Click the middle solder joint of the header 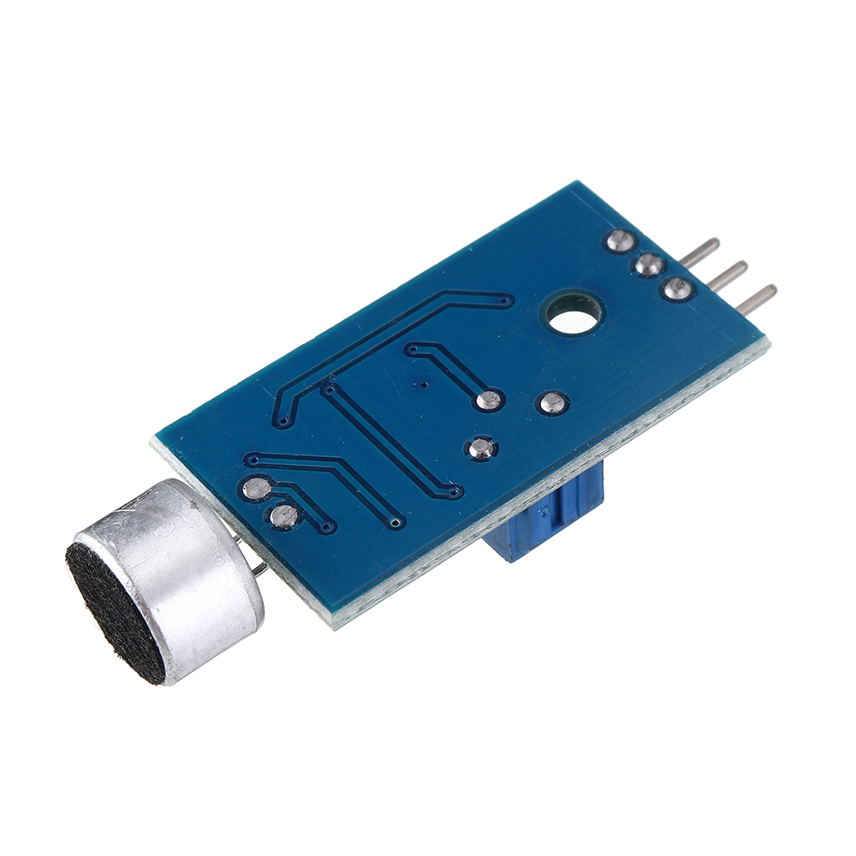tap(647, 265)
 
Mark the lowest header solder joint tap(677, 288)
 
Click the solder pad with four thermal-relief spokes tap(481, 448)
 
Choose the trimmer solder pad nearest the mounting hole tap(552, 401)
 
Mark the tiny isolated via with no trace tap(422, 384)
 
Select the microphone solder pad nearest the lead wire tap(283, 515)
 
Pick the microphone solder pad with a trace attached tap(255, 489)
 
